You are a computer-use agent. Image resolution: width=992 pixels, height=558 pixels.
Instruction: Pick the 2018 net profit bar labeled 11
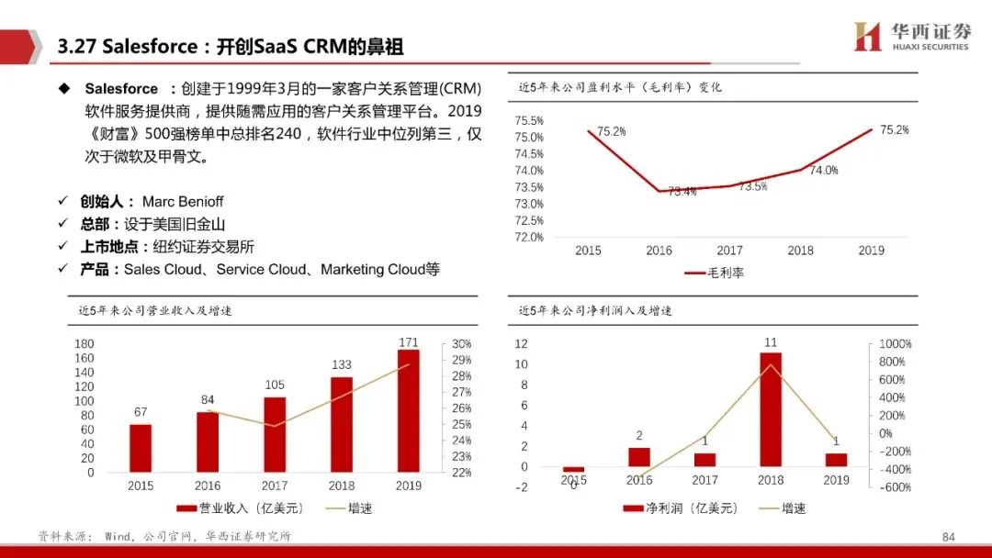coord(771,409)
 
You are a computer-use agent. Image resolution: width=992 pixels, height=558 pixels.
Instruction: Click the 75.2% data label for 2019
coord(894,130)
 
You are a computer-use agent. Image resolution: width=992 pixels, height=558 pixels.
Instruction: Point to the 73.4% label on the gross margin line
coord(682,192)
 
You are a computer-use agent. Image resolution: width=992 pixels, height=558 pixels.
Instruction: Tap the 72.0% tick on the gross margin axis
coord(529,237)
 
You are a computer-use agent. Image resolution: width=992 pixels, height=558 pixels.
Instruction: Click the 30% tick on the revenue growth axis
coord(461,344)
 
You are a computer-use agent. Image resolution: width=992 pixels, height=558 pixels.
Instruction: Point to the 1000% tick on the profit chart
coord(895,344)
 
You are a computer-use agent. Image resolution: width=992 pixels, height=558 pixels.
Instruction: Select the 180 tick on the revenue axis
coord(85,344)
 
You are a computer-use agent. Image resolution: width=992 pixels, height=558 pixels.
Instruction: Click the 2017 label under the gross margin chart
coord(729,251)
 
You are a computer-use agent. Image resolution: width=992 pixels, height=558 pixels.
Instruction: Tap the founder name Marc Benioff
coord(183,201)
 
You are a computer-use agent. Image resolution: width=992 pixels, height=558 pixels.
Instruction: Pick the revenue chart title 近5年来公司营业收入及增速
coord(155,311)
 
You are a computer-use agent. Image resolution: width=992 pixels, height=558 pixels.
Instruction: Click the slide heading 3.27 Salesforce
coord(230,47)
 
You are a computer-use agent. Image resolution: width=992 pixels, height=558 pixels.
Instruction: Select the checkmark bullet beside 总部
coord(62,224)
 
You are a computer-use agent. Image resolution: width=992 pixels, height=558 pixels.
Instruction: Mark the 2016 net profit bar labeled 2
coord(638,457)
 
